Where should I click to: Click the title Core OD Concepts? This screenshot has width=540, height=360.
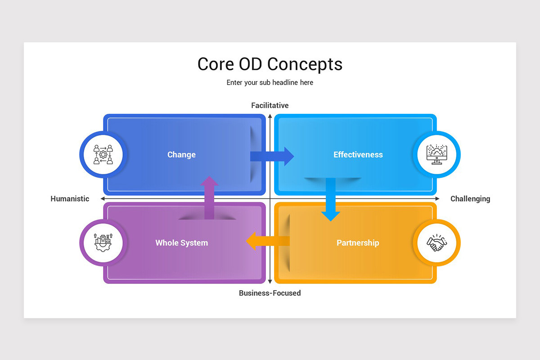pos(270,64)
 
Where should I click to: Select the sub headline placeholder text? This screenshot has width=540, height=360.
pos(270,82)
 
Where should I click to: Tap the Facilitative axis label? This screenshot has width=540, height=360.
pos(270,105)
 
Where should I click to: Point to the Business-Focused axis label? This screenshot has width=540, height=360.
pos(270,293)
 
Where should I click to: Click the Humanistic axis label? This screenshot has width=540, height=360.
pos(70,199)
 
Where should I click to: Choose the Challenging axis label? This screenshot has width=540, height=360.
pos(470,199)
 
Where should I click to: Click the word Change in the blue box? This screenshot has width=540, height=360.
pos(181,155)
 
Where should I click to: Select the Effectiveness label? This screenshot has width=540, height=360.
pos(358,154)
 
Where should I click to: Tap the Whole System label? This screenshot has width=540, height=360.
pos(181,243)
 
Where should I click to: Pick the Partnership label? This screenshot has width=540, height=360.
pos(358,243)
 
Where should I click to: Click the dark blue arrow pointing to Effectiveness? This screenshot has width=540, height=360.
pos(272,156)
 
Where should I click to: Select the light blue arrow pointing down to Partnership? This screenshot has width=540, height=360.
pos(330,199)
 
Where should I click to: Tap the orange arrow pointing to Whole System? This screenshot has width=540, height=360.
pos(268,241)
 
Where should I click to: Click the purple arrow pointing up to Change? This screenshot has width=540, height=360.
pos(209,198)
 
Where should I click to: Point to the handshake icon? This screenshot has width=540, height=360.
pos(436,243)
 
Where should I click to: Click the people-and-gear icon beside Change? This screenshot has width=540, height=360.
pos(103,154)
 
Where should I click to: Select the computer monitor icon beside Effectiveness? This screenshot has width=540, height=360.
pos(436,154)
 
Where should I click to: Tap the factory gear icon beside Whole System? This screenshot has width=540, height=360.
pos(103,243)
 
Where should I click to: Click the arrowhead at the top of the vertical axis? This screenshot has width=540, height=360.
pos(270,116)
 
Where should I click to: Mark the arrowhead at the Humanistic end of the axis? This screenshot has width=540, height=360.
pos(103,199)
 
